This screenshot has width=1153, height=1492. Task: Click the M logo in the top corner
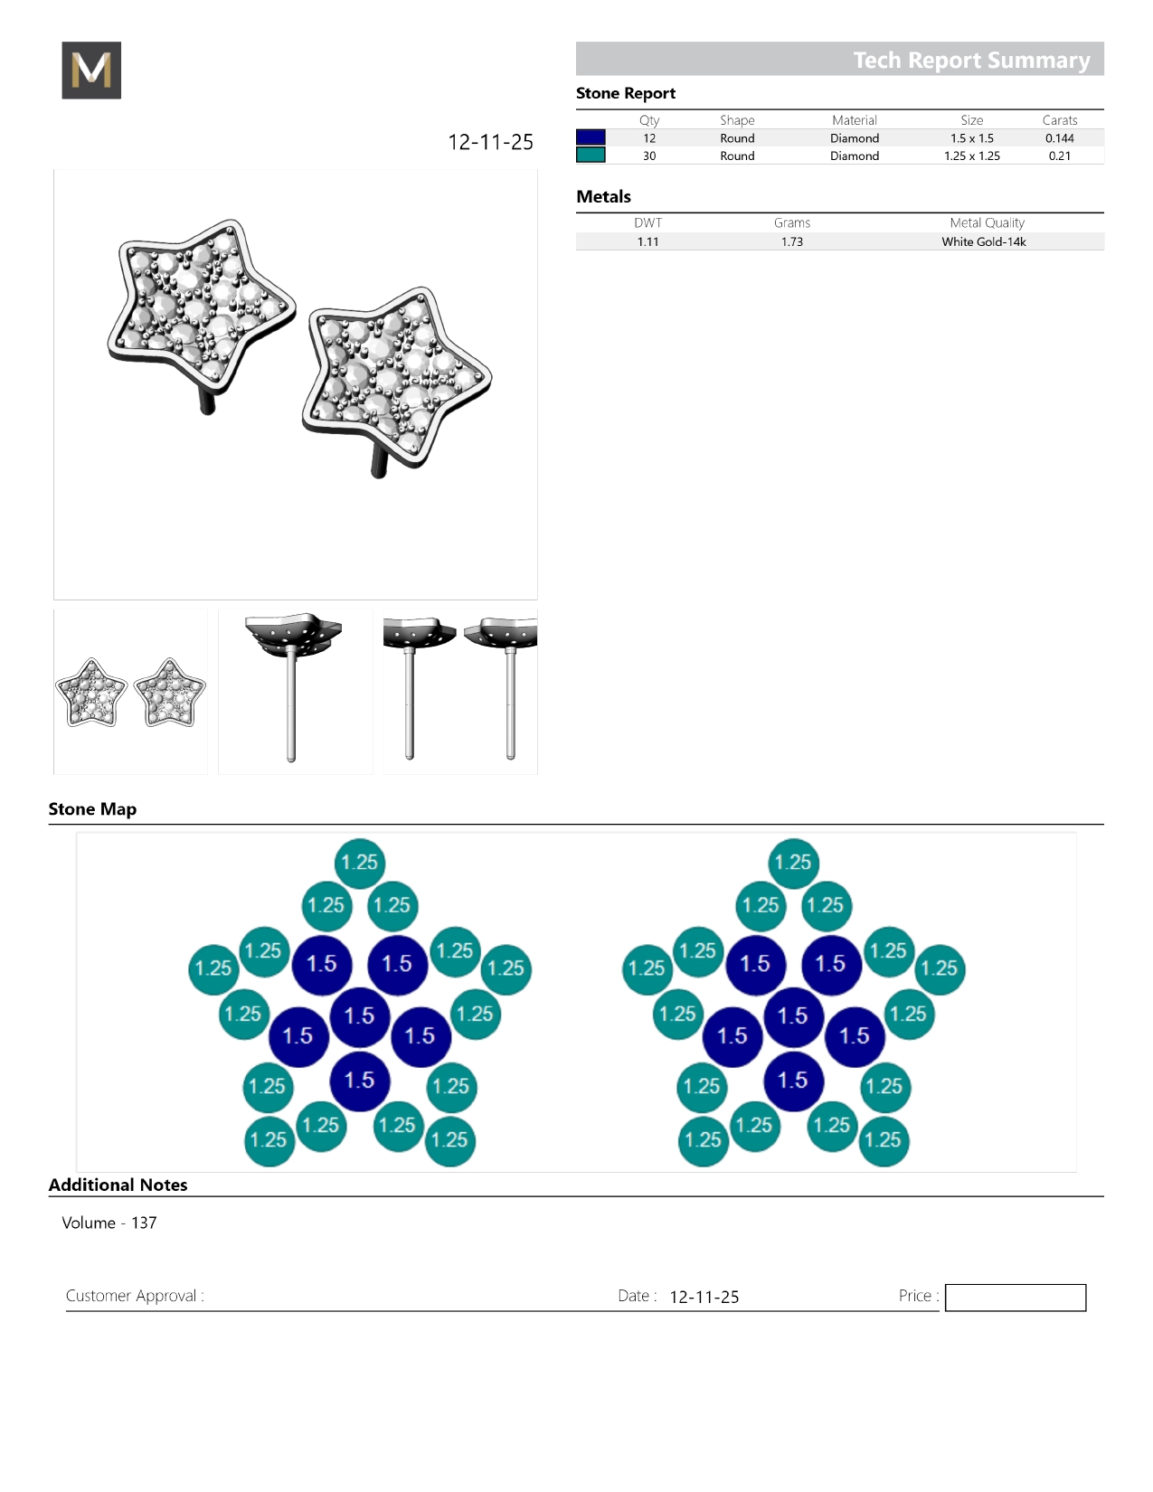(91, 70)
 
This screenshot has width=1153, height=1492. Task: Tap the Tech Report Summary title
(971, 61)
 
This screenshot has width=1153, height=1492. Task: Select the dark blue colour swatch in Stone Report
(591, 137)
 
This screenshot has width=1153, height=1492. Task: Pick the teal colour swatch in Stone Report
(591, 156)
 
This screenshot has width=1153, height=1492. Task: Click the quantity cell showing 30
(649, 156)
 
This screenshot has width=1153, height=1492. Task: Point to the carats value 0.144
(1059, 138)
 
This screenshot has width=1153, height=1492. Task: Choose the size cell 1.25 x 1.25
(972, 156)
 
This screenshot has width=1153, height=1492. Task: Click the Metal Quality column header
(987, 222)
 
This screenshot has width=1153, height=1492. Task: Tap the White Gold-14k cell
(983, 241)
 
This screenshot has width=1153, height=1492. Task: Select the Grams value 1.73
(792, 241)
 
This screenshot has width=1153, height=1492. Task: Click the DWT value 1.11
(647, 241)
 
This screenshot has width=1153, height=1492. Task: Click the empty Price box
(1015, 1297)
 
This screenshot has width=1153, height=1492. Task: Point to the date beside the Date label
(704, 1297)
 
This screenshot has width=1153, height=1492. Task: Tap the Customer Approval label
(135, 1296)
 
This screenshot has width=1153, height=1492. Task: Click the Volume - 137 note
(109, 1223)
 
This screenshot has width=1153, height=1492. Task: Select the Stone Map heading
(92, 808)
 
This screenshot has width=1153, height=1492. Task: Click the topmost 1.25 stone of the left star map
(360, 863)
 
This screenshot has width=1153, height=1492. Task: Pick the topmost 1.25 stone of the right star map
(793, 863)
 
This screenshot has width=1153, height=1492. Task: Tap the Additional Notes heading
(118, 1185)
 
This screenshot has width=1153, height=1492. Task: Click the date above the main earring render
(490, 142)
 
